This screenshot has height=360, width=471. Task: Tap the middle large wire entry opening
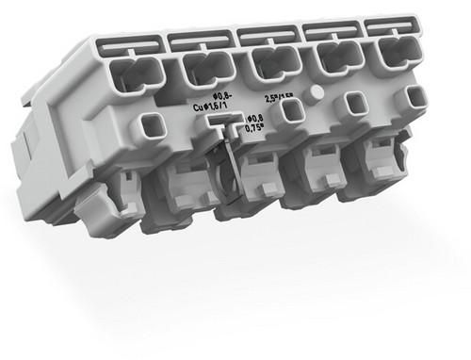(268, 65)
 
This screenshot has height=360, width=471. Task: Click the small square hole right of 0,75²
(294, 111)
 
